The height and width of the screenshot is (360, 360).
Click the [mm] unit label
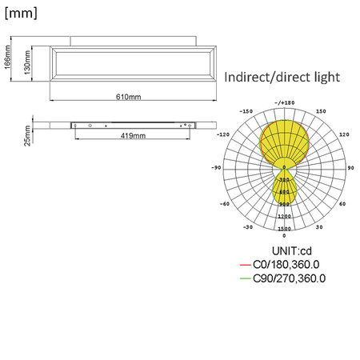21,13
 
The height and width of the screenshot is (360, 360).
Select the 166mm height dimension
7,59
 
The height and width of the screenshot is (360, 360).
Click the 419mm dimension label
133,136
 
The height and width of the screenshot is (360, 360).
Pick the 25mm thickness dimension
27,136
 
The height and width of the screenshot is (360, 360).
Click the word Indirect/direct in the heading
260,78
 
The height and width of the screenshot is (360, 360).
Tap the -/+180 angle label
284,102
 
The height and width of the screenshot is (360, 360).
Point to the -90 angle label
216,168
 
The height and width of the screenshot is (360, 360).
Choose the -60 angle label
226,203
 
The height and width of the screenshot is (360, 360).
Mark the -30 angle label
248,227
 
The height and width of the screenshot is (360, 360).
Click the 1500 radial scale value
284,229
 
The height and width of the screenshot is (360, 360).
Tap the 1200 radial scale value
284,217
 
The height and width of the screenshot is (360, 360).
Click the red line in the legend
245,265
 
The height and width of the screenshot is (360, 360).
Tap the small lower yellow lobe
284,188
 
